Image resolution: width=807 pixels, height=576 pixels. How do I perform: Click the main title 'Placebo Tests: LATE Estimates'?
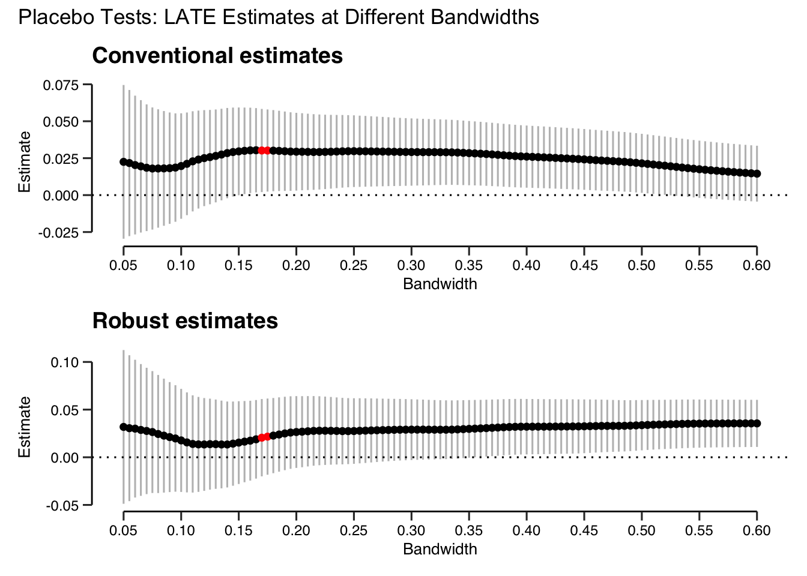point(279,17)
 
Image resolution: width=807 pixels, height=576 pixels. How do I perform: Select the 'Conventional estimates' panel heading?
point(217,56)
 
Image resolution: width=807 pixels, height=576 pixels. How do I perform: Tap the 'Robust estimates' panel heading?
point(185,321)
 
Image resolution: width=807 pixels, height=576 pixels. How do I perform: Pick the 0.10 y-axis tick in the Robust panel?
point(66,362)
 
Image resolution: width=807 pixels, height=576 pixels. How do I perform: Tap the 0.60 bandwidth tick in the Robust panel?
point(757,530)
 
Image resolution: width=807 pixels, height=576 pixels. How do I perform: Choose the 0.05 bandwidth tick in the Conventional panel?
point(124,265)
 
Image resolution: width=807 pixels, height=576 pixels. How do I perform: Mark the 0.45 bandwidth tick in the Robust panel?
point(584,530)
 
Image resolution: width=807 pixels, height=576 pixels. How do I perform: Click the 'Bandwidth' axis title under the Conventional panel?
point(440,284)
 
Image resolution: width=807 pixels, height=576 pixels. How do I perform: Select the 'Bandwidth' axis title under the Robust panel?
point(440,549)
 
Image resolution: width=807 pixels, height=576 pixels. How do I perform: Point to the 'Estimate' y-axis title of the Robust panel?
point(25,427)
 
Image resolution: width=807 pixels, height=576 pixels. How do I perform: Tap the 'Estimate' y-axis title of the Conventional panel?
point(25,162)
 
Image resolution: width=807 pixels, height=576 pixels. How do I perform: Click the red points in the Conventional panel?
point(264,150)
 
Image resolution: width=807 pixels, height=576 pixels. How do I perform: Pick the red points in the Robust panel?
point(264,437)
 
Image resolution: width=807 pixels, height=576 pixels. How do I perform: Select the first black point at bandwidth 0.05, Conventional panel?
point(124,162)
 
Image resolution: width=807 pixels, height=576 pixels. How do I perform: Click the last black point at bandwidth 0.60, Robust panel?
point(757,424)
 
